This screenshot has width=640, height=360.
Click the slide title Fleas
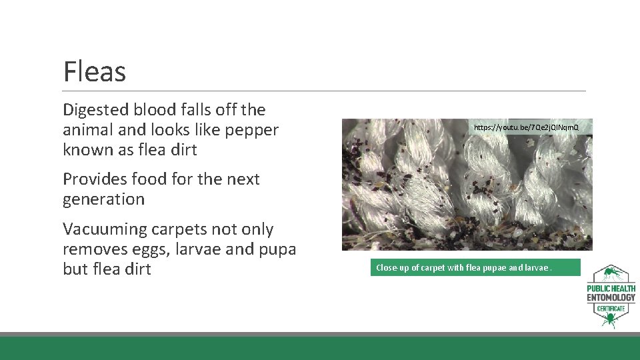94,71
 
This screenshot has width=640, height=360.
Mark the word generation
103,199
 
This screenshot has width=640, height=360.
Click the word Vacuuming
105,229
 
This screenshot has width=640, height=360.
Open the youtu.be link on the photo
526,127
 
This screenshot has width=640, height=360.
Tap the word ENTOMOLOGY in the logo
611,297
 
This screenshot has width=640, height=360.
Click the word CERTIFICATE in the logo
611,309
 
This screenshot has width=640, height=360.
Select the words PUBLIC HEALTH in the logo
611,288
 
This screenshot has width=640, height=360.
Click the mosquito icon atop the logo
610,273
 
